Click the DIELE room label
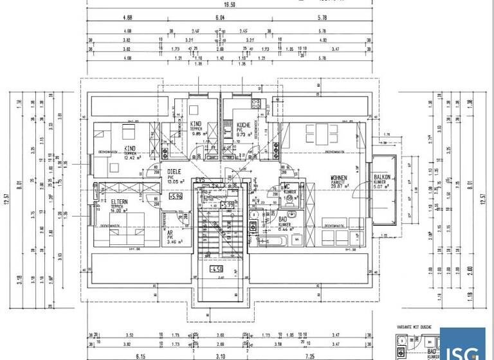(x=174, y=172)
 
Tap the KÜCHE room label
(x=243, y=125)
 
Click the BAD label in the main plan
(x=283, y=220)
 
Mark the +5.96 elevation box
(x=175, y=197)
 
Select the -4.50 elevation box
(x=217, y=269)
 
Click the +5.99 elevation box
(x=226, y=205)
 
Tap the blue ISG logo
(x=462, y=343)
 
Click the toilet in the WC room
(x=291, y=199)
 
